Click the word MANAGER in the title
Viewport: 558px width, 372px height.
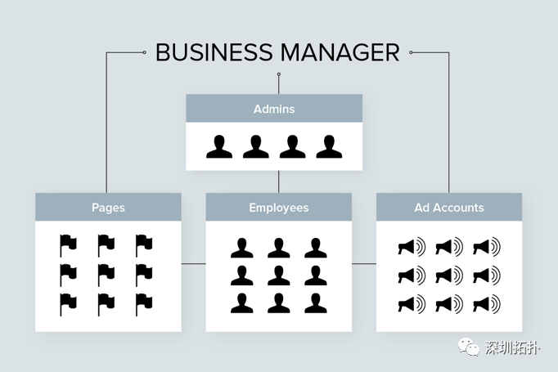(x=339, y=52)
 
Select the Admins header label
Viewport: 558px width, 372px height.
(x=274, y=109)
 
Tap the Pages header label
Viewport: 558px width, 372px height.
(x=108, y=208)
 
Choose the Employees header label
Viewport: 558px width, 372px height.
(x=279, y=208)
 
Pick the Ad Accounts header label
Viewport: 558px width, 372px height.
(x=449, y=208)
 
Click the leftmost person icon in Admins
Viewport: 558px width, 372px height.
(x=219, y=146)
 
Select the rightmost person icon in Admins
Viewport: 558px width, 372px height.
(x=329, y=146)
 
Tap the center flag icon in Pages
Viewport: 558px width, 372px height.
(x=106, y=275)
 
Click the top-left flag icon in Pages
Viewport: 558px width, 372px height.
(x=69, y=245)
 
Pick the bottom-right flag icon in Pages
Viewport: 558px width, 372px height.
(x=144, y=303)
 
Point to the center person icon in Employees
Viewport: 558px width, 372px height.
(x=279, y=275)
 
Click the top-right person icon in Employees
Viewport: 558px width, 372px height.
(x=316, y=248)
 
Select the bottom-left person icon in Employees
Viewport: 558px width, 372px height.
(x=241, y=303)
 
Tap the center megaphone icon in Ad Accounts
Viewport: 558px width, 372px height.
(x=449, y=275)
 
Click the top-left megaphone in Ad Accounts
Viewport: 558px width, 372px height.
(x=412, y=246)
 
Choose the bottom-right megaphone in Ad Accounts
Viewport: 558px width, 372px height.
(x=487, y=304)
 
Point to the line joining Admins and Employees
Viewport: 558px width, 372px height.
(x=279, y=182)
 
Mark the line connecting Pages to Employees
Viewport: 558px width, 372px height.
(x=193, y=264)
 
